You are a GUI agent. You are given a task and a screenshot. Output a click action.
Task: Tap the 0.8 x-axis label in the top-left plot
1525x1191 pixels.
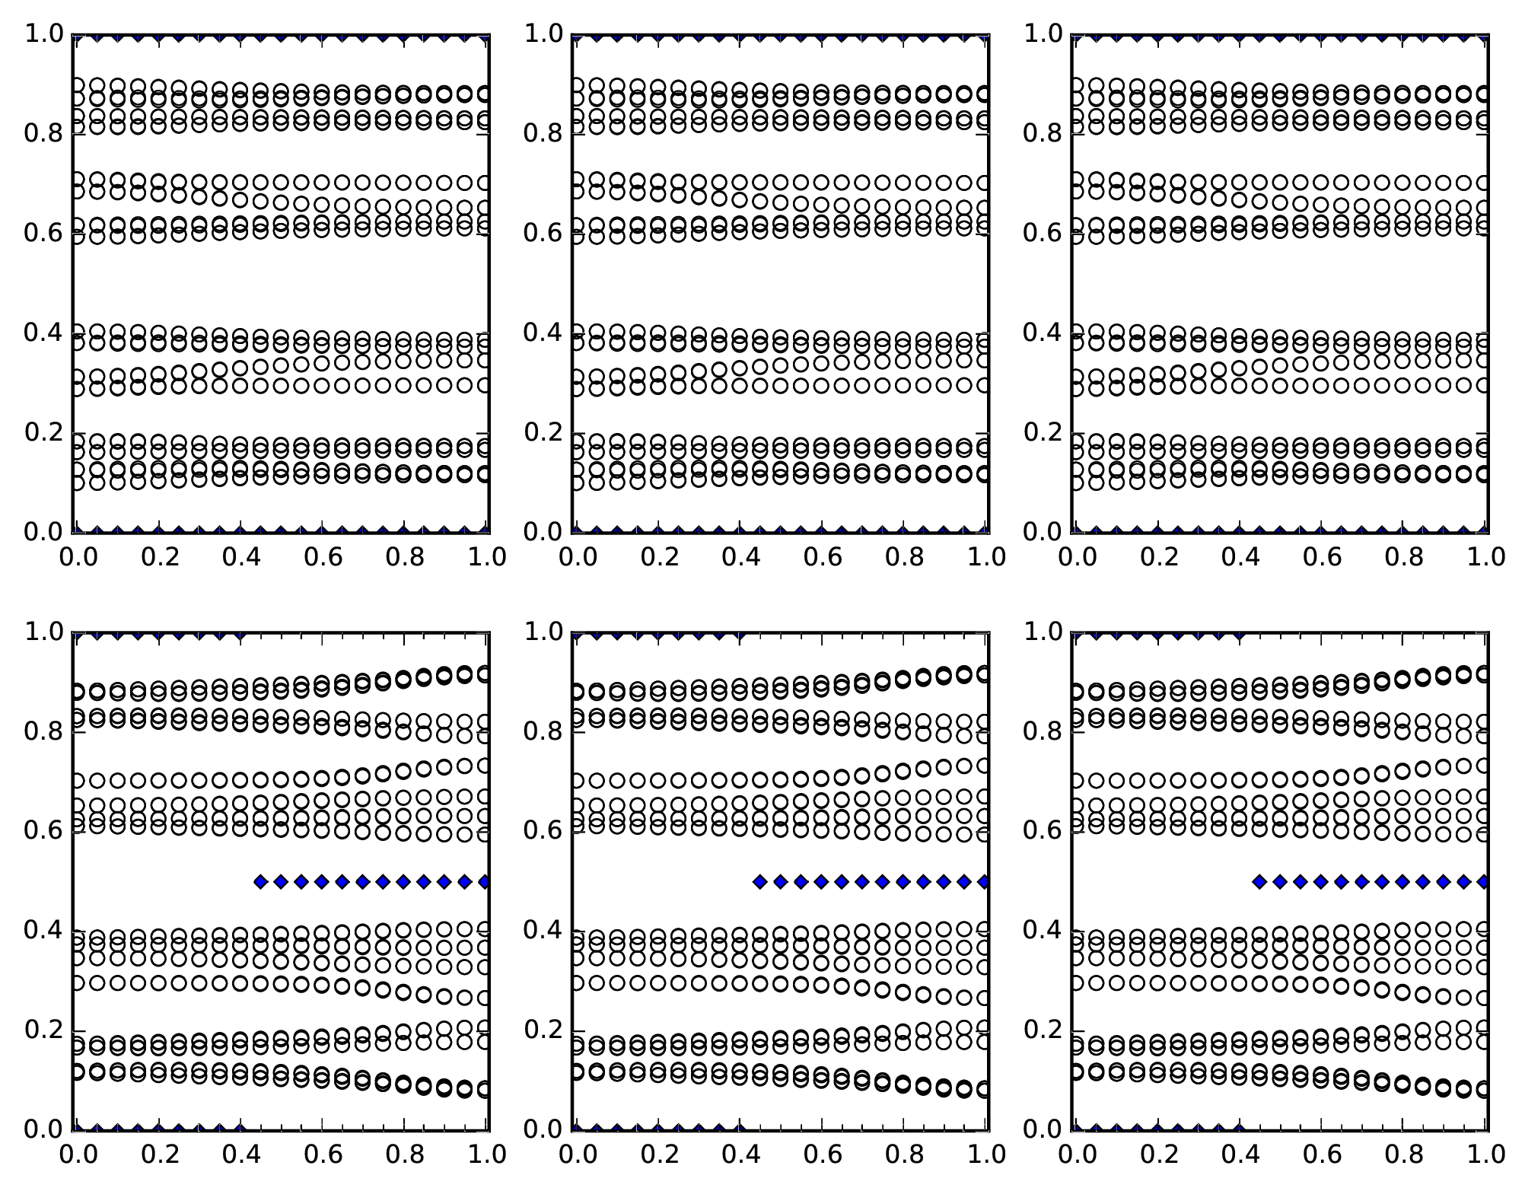(x=406, y=557)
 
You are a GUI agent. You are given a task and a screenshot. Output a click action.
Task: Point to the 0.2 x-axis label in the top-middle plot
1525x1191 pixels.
(x=659, y=557)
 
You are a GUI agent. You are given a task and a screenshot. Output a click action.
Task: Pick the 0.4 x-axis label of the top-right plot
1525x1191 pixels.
(x=1240, y=557)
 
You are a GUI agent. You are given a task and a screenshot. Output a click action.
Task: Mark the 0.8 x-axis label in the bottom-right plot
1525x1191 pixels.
(x=1404, y=1154)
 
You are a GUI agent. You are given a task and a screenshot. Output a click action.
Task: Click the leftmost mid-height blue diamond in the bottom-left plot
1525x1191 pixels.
(x=260, y=882)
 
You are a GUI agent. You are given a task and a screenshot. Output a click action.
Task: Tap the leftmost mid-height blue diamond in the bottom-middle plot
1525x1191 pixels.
(x=759, y=882)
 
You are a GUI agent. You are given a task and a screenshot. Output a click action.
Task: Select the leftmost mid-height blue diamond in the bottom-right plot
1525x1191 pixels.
(x=1259, y=882)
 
